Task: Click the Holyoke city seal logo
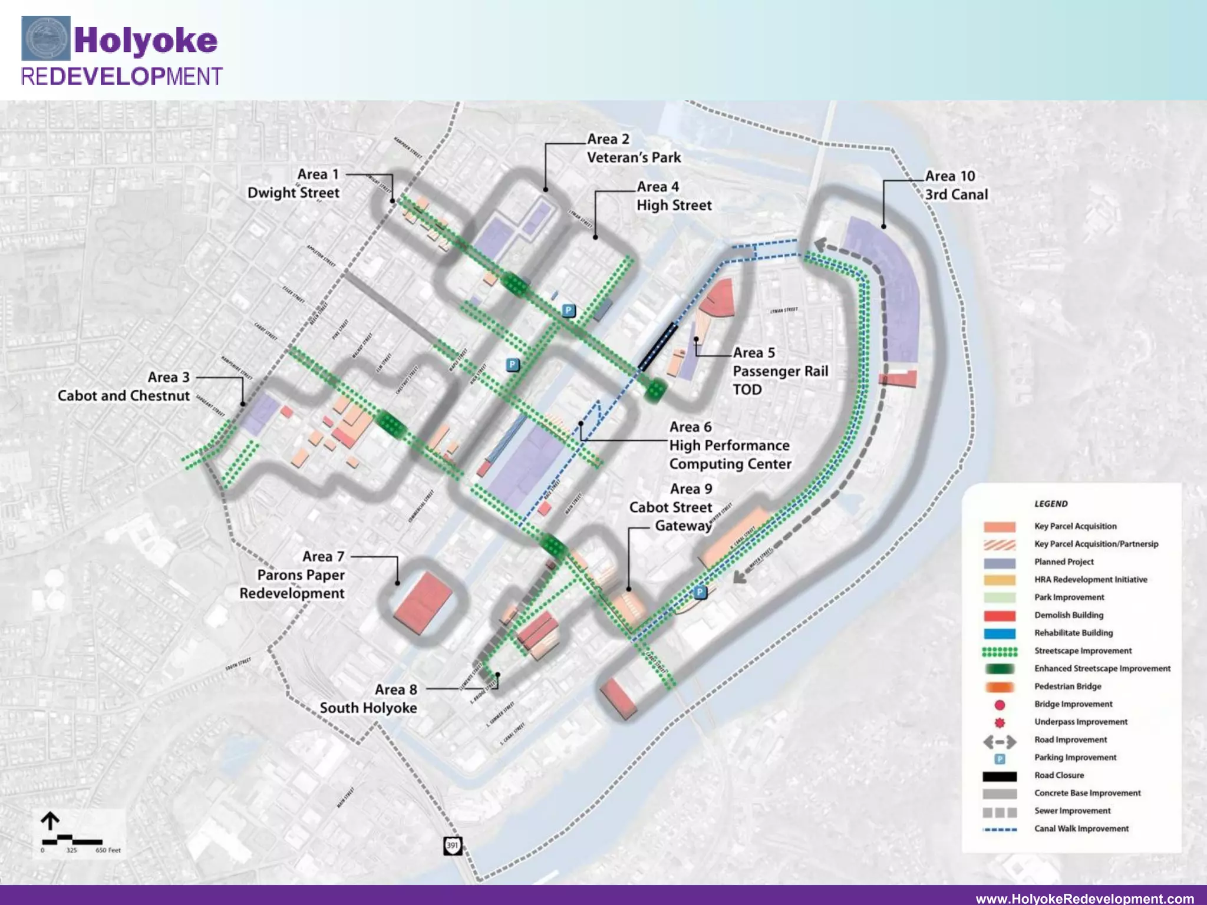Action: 46,38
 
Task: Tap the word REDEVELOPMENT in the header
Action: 121,77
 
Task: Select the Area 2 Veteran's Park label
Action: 634,148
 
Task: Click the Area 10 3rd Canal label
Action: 956,185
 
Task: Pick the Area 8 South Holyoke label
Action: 369,699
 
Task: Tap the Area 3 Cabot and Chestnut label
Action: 124,387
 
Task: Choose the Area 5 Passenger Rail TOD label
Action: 779,371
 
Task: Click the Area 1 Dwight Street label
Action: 293,183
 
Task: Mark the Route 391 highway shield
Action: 452,845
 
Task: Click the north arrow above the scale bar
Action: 50,821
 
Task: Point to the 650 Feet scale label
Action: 108,850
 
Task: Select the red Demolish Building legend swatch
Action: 1000,616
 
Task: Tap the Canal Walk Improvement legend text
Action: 1081,828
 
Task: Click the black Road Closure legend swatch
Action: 1000,776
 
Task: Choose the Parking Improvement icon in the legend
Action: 1000,759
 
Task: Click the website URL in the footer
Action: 1085,899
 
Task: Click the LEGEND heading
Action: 1051,504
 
